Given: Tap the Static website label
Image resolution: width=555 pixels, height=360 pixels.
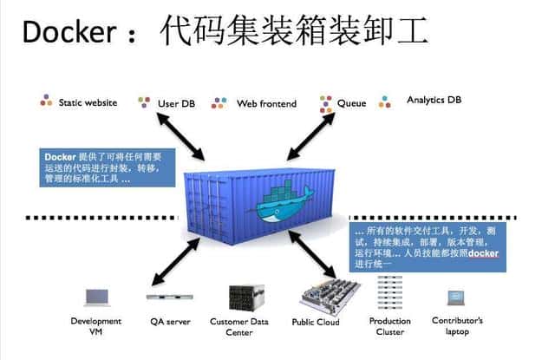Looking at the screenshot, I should (x=88, y=102).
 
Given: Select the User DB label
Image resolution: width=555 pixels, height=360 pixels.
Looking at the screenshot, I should (x=176, y=103).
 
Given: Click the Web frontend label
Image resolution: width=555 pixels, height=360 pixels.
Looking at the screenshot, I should (x=266, y=103).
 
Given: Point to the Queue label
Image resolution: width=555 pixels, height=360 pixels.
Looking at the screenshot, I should (x=351, y=103).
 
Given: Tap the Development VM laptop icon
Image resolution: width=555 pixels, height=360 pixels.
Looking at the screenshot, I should (x=95, y=298).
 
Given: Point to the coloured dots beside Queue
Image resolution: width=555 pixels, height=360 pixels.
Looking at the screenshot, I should (x=326, y=103).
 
